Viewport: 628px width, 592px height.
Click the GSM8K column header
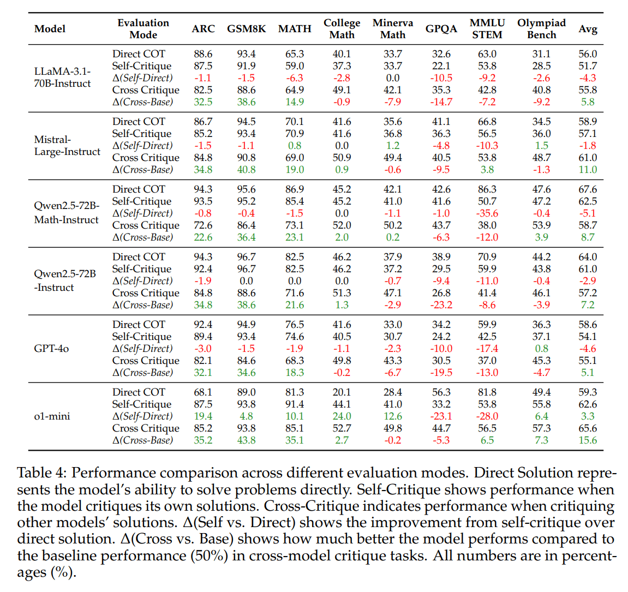[x=246, y=29]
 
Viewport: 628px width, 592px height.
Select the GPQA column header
[x=441, y=29]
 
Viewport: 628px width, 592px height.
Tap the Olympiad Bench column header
[x=541, y=29]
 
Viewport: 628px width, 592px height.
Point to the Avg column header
[x=588, y=29]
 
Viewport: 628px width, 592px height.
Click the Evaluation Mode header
[x=143, y=29]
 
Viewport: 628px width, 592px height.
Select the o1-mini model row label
[x=52, y=416]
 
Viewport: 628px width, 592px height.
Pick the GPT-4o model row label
[x=51, y=349]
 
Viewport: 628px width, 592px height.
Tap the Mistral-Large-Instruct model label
[x=67, y=146]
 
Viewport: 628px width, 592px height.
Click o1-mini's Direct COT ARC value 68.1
[x=203, y=392]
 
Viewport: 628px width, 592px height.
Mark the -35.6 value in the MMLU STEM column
[x=487, y=213]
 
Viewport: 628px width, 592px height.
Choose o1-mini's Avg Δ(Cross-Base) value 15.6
[x=588, y=440]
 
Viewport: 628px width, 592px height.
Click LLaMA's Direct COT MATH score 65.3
[x=295, y=54]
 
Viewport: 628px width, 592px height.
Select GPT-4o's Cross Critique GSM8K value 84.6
[x=246, y=361]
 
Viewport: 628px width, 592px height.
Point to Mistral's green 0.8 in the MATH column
[x=295, y=146]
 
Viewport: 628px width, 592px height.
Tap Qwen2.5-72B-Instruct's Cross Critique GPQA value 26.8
[x=441, y=293]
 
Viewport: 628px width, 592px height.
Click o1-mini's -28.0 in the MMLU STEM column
[x=487, y=416]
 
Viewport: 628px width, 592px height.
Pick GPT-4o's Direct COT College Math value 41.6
[x=342, y=325]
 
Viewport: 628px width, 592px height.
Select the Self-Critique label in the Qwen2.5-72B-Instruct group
[x=141, y=269]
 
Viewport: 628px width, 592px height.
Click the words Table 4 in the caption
[x=41, y=473]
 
